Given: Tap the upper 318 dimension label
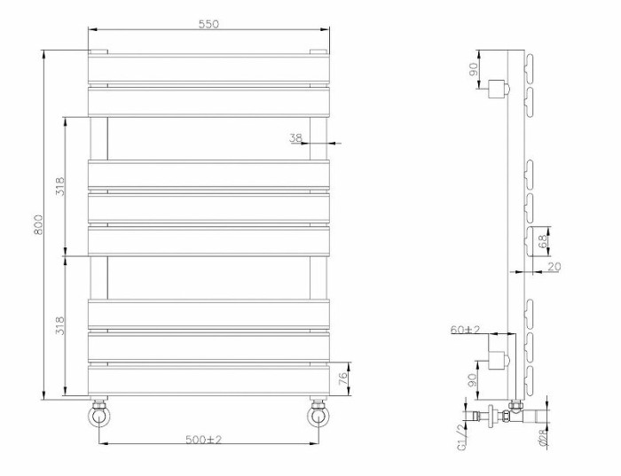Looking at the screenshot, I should tap(59, 187).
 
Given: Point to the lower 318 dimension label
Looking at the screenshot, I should tap(59, 326).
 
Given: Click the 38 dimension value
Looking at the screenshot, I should tap(295, 137).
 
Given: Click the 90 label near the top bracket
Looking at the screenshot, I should tap(474, 67).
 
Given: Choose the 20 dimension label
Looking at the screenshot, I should tap(555, 267).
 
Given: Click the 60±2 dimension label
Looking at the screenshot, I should tap(465, 330).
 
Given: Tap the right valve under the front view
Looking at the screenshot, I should tap(318, 414).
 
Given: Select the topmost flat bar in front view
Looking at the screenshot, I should tap(208, 68).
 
